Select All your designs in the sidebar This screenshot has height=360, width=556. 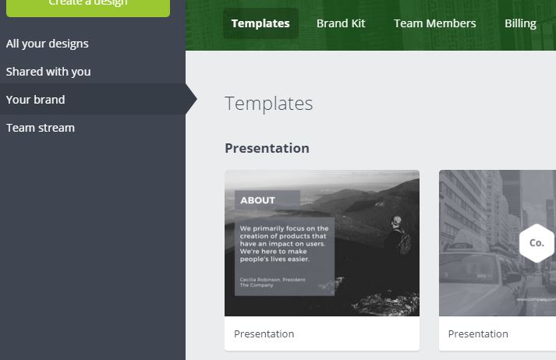(x=48, y=44)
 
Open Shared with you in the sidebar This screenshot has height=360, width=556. (x=48, y=72)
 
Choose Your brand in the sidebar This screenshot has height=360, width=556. (x=36, y=100)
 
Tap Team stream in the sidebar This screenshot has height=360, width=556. (x=41, y=128)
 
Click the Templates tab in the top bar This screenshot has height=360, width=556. (x=260, y=23)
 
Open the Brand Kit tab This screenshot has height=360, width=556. (x=341, y=23)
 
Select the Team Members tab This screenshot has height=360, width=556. (x=434, y=23)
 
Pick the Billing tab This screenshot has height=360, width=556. (x=520, y=23)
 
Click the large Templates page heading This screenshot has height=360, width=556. (x=268, y=104)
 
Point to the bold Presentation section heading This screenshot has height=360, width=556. (x=267, y=148)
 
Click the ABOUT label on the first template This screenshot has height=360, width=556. (x=257, y=200)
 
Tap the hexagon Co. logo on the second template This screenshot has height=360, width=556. (x=536, y=242)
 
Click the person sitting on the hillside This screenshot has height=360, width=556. (x=400, y=235)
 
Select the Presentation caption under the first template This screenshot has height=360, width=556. (x=264, y=334)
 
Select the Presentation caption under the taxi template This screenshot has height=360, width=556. (x=478, y=334)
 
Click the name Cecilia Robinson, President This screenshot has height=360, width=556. (x=272, y=279)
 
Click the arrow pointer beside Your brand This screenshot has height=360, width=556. (x=191, y=100)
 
